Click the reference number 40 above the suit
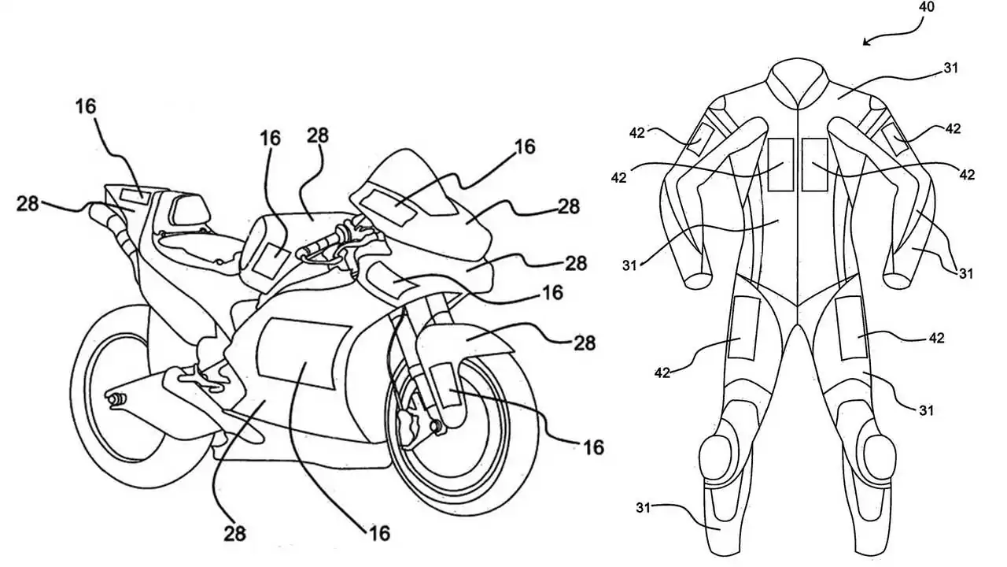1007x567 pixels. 927,7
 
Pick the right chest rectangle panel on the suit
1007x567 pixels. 815,165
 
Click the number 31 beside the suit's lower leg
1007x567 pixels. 644,508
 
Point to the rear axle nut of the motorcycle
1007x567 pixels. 115,399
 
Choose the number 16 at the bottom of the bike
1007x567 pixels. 378,534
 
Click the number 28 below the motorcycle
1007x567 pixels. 234,534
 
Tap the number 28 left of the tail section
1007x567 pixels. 28,204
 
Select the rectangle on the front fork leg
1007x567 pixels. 444,385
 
